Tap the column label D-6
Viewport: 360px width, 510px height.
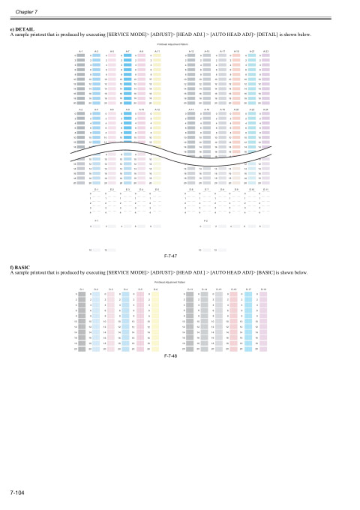(x=155, y=288)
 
